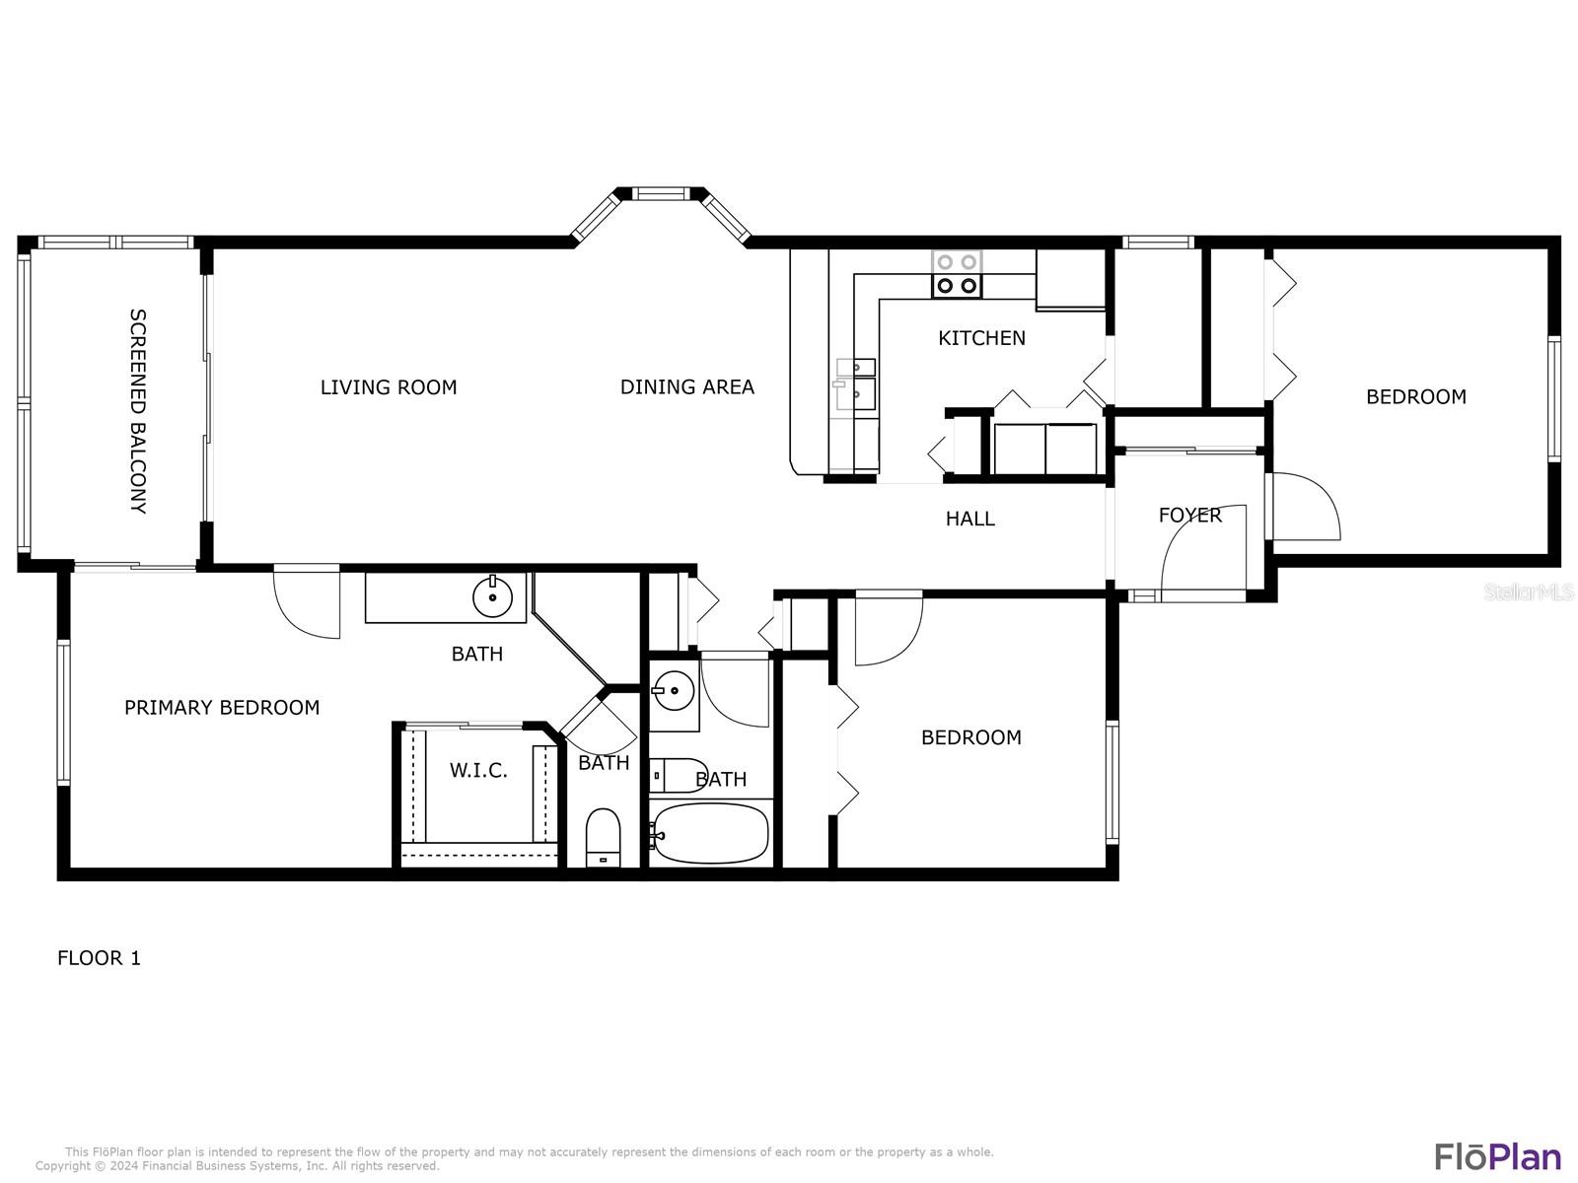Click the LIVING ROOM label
389,387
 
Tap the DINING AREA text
686,387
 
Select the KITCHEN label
981,337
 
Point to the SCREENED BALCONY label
138,411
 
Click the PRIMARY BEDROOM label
222,708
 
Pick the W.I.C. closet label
478,771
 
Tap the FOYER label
1189,515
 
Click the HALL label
969,519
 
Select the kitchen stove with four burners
956,274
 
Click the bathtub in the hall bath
710,833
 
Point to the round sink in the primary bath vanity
492,596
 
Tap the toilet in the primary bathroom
603,838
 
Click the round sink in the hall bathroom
673,691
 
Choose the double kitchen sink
855,384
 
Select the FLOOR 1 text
100,958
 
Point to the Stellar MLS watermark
1528,591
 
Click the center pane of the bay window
660,193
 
